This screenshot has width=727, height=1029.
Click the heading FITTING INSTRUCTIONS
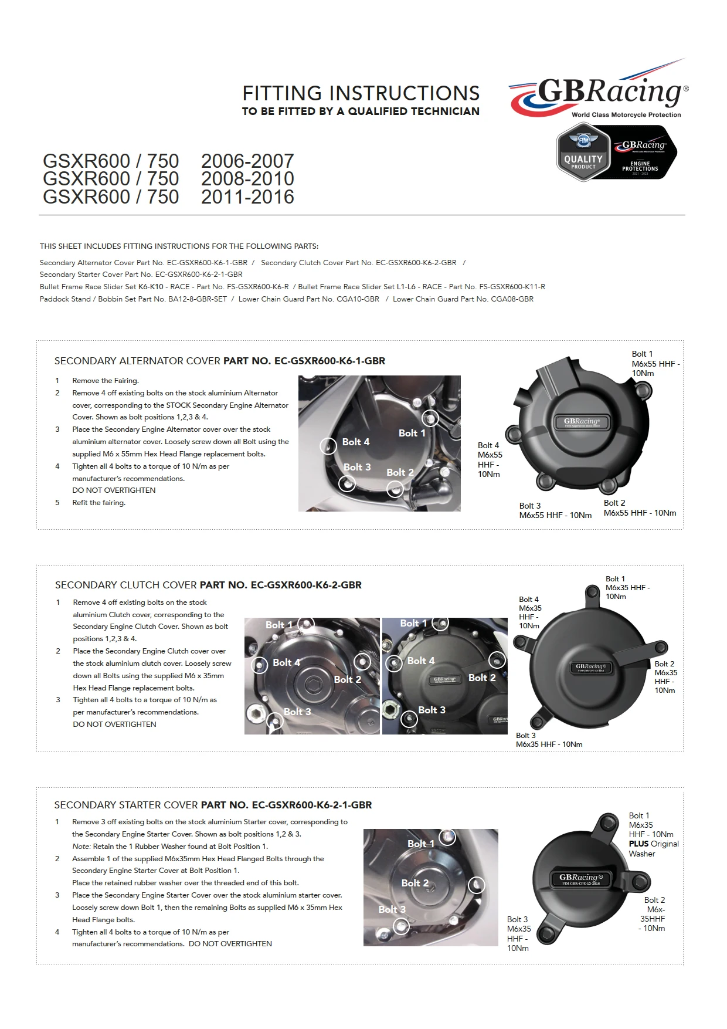pos(361,93)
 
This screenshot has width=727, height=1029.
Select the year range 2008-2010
pos(247,179)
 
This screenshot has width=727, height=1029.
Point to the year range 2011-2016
pos(247,197)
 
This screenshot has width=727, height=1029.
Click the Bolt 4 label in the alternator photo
pos(356,442)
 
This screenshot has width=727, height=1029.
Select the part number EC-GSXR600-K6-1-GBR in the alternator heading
pos(329,361)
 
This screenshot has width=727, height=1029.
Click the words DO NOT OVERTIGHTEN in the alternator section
pos(114,490)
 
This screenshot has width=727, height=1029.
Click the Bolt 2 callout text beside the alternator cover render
pos(640,508)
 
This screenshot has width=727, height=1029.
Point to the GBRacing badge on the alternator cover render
pos(582,422)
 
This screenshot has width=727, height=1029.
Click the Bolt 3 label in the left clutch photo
pos(297,712)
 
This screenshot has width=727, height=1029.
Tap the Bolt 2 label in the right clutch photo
pos(482,678)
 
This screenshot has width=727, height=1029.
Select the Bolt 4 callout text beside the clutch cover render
pos(529,612)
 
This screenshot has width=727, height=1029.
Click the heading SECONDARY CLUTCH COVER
pos(126,585)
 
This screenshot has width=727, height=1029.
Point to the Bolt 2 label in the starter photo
pos(415,883)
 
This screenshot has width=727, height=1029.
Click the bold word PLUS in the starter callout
pos(638,844)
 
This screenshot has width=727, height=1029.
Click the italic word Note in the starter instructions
pos(81,847)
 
